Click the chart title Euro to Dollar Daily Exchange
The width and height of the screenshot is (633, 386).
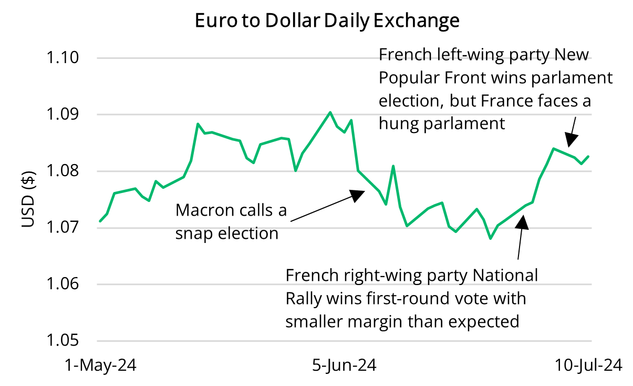(327, 21)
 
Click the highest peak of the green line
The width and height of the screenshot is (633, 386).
(330, 112)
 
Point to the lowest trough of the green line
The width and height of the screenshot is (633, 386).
(491, 239)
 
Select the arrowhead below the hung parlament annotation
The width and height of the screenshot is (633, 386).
(571, 140)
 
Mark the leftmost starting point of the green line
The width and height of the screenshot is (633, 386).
(100, 221)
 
